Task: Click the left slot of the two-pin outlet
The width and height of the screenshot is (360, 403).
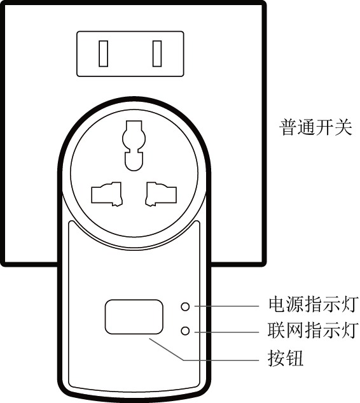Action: tap(104, 53)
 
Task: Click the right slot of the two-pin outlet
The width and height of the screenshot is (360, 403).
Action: tap(157, 53)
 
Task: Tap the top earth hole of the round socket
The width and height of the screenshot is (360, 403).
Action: tap(134, 145)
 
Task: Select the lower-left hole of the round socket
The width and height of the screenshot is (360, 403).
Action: tap(107, 194)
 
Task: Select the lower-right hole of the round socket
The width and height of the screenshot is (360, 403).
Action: tap(161, 194)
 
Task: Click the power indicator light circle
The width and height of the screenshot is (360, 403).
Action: tap(185, 306)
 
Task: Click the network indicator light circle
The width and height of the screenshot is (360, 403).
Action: tap(185, 331)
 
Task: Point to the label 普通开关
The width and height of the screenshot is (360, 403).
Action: tap(315, 127)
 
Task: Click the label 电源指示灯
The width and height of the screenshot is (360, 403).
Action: tap(313, 305)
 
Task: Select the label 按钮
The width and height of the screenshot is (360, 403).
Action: tap(286, 358)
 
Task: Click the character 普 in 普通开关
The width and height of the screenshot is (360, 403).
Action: tap(288, 127)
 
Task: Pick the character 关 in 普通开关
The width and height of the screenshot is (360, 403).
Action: tap(343, 127)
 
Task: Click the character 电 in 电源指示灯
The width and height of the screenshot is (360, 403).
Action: tap(277, 305)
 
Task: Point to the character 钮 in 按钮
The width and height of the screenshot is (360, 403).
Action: tap(294, 358)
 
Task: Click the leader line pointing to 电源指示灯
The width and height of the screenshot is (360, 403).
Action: tap(226, 306)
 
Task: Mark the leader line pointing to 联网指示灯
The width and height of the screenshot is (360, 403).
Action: tap(226, 332)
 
